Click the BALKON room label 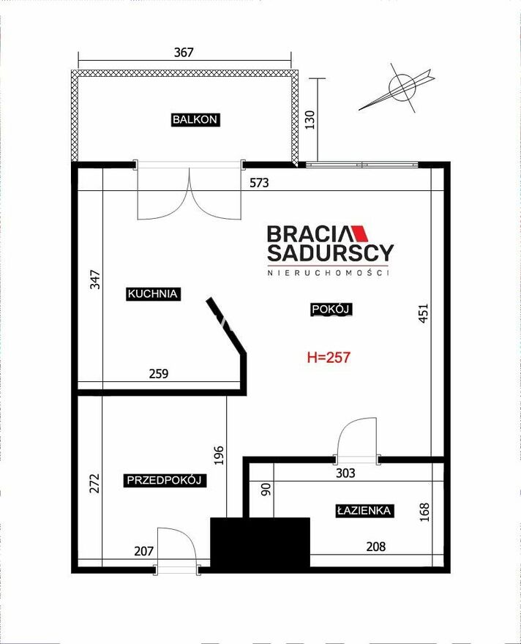195,119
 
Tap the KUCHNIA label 153,293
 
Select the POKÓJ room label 331,309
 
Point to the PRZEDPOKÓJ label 164,480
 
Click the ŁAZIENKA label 364,511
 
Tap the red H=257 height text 329,357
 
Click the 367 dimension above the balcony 184,53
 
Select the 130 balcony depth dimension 310,119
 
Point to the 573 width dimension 259,183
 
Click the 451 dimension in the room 423,313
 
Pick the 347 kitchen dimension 95,280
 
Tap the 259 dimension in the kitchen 159,374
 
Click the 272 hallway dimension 95,484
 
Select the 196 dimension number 220,455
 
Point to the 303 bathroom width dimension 345,473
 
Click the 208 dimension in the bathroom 375,547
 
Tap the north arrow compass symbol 397,88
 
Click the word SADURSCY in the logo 331,253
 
